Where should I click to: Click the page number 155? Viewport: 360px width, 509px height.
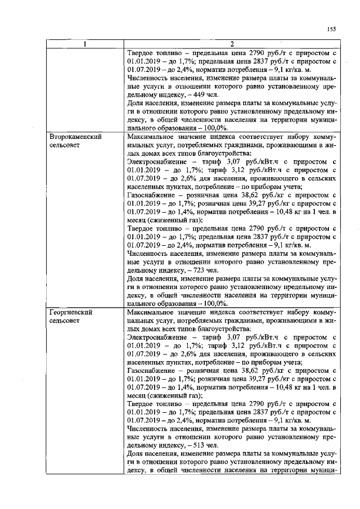pyautogui.click(x=331, y=30)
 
